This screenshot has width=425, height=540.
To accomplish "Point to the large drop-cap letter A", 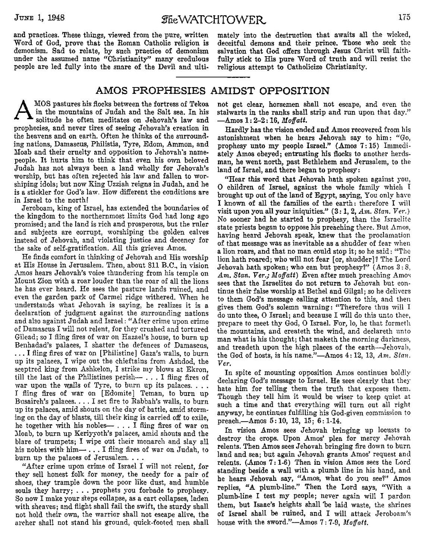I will pos(23,110).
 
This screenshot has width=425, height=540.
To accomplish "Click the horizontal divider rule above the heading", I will pos(212,77).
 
